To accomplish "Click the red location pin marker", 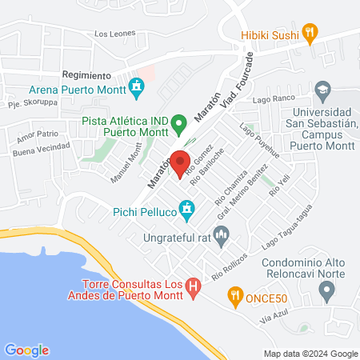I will click(x=180, y=160).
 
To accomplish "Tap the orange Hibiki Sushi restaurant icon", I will click(x=312, y=34).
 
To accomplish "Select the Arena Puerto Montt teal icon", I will click(x=137, y=85).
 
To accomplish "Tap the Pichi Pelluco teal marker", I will click(x=187, y=210).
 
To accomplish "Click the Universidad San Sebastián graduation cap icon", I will click(x=323, y=89).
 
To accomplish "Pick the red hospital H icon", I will click(x=193, y=285).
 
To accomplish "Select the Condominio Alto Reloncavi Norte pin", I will click(x=326, y=293).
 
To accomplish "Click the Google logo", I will click(x=26, y=350).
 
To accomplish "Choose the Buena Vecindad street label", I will click(x=42, y=150).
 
